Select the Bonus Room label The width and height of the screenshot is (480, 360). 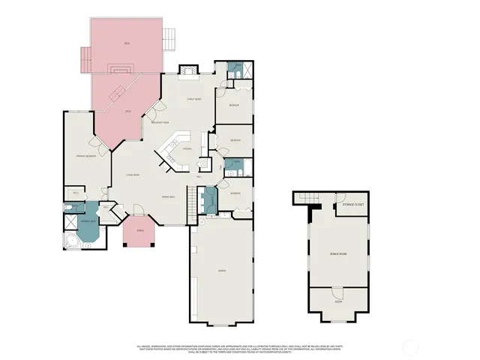pyautogui.click(x=339, y=254)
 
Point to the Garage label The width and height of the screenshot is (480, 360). pyautogui.click(x=221, y=270)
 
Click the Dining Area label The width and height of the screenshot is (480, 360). pyautogui.click(x=169, y=196)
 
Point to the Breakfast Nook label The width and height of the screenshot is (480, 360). pyautogui.click(x=159, y=122)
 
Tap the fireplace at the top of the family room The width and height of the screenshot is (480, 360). pyautogui.click(x=187, y=71)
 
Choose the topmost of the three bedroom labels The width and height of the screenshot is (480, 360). pyautogui.click(x=234, y=106)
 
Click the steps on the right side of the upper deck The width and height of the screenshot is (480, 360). pyautogui.click(x=171, y=37)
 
